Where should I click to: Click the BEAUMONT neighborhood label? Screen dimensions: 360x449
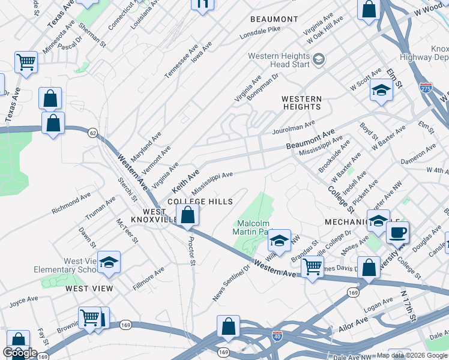274,19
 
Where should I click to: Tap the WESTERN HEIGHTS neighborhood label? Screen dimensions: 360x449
301,103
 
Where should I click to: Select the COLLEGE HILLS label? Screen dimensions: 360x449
199,202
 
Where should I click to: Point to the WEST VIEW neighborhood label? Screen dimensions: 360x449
89,289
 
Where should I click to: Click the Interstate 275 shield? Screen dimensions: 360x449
426,88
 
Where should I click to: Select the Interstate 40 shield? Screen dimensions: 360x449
277,337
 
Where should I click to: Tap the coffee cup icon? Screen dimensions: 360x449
397,232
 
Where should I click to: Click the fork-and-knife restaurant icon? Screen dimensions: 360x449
202,4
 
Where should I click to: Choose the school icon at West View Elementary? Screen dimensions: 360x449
109,262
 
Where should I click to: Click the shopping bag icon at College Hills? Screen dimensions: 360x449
188,215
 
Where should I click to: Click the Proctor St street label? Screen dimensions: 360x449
191,254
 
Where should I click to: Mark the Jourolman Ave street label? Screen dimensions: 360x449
294,127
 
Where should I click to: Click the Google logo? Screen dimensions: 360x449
20,353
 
